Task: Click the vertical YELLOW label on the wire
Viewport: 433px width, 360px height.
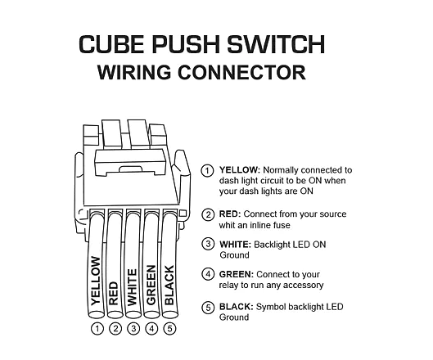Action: tap(97, 280)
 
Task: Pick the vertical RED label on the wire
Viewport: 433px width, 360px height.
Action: tap(115, 292)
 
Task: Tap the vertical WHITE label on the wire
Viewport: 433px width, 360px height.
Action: tap(133, 286)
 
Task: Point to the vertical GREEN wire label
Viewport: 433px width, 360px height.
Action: tap(151, 286)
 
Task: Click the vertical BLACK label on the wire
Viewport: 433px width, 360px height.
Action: tap(169, 286)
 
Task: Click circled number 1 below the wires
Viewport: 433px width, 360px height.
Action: tap(97, 329)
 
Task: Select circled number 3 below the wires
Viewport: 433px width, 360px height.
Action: tap(133, 329)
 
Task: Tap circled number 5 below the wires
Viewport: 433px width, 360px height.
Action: tap(169, 329)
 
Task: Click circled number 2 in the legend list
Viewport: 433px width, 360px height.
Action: tap(209, 214)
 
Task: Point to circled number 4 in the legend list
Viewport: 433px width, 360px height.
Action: tap(209, 274)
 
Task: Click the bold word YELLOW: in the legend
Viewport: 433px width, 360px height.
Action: tap(238, 170)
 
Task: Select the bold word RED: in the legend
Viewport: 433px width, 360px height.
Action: tap(229, 214)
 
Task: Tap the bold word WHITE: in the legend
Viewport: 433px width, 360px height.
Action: tap(235, 244)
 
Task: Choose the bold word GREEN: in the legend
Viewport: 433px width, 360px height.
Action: tap(236, 274)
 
